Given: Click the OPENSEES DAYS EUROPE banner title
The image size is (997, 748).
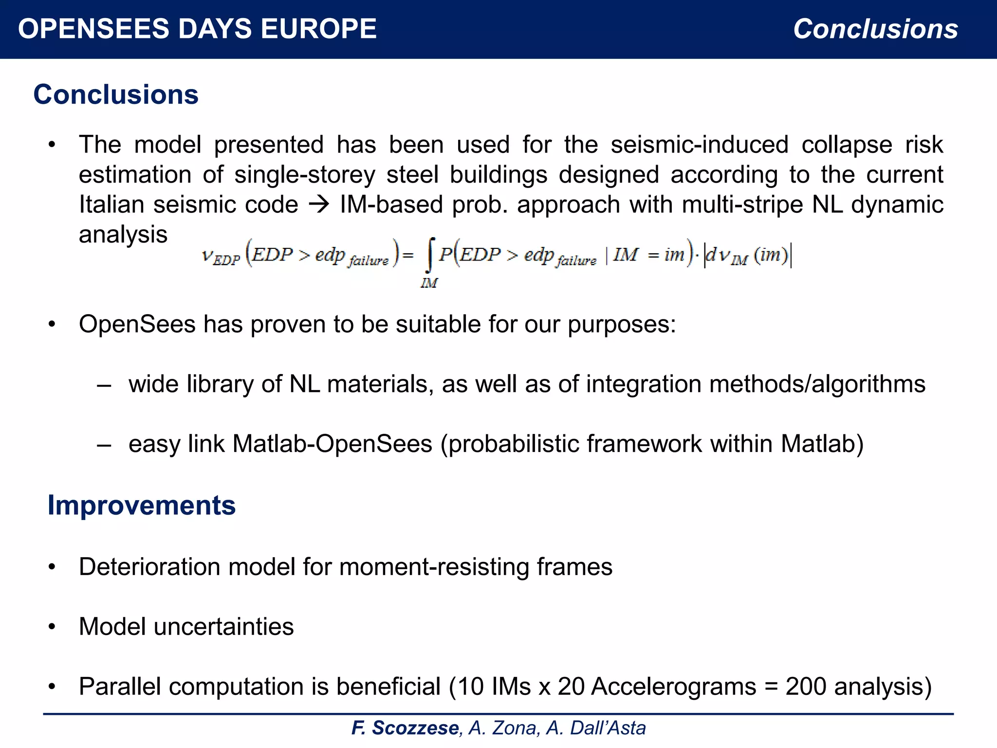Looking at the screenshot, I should [197, 29].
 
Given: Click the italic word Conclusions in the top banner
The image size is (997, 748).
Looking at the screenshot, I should [875, 29].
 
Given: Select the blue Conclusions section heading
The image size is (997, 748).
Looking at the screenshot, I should [116, 94].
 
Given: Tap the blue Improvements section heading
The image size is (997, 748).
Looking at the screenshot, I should [141, 505].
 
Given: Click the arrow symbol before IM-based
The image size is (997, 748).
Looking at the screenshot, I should [319, 205].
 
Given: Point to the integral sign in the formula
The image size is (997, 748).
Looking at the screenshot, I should [429, 255].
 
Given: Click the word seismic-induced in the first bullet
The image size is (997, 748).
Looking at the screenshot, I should [699, 145].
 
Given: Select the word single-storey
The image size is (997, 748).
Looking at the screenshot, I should [305, 175].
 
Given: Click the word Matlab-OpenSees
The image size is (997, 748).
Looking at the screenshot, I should [332, 444].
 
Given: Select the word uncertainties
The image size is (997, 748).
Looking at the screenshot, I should [223, 627].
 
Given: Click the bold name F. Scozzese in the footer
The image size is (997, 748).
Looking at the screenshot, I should [405, 728].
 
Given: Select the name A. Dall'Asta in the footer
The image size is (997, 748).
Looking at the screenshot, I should [596, 728].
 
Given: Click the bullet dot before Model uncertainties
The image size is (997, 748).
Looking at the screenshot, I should [52, 627].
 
